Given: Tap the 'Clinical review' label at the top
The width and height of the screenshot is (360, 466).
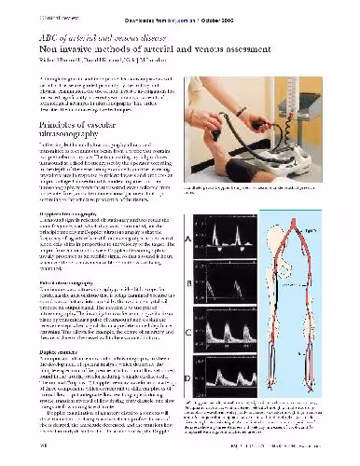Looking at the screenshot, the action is (32, 14).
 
